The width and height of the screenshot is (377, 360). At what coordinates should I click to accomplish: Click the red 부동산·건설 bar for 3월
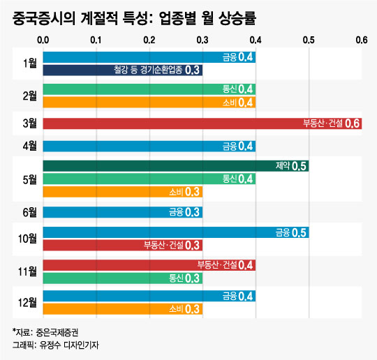[x=202, y=123]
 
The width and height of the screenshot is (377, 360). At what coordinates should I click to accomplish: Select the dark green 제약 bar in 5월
[x=176, y=166]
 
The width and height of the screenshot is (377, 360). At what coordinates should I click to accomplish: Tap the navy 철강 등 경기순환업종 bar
[x=123, y=70]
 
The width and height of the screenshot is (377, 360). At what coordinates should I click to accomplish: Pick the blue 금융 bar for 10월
[x=176, y=232]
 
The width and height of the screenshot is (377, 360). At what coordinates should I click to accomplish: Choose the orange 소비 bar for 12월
[x=123, y=309]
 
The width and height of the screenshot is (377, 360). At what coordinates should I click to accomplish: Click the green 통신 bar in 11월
[x=123, y=278]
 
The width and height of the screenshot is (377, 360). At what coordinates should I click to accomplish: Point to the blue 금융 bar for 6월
[x=123, y=212]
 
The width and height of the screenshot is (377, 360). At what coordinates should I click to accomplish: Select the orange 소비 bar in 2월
[x=149, y=102]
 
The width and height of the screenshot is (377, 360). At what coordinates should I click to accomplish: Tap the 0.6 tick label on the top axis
[x=362, y=40]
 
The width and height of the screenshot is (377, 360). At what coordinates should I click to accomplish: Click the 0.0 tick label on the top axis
[x=43, y=40]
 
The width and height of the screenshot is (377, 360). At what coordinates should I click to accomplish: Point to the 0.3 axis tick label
[x=202, y=40]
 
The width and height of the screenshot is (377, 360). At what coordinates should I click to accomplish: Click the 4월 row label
[x=30, y=146]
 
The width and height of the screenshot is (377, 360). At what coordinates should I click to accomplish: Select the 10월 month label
[x=27, y=239]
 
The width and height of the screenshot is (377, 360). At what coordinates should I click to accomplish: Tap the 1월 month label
[x=30, y=63]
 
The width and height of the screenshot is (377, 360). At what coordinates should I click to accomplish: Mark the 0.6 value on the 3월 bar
[x=352, y=123]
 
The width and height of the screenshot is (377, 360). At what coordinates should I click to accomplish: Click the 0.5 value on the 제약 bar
[x=299, y=166]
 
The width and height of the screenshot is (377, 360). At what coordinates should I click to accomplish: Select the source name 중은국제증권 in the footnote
[x=57, y=333]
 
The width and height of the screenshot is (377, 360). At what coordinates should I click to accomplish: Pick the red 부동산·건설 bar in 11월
[x=149, y=265]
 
